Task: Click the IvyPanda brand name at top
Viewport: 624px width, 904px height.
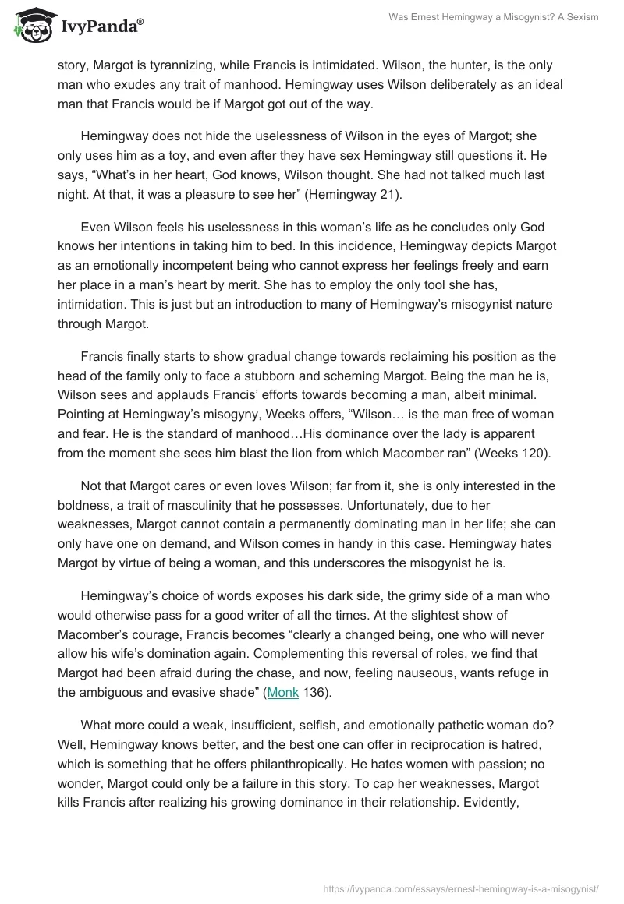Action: pos(99,27)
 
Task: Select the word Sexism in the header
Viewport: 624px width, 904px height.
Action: pos(580,17)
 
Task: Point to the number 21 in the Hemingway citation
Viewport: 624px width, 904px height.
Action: pos(389,195)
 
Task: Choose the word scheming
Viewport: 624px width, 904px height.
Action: pos(411,376)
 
